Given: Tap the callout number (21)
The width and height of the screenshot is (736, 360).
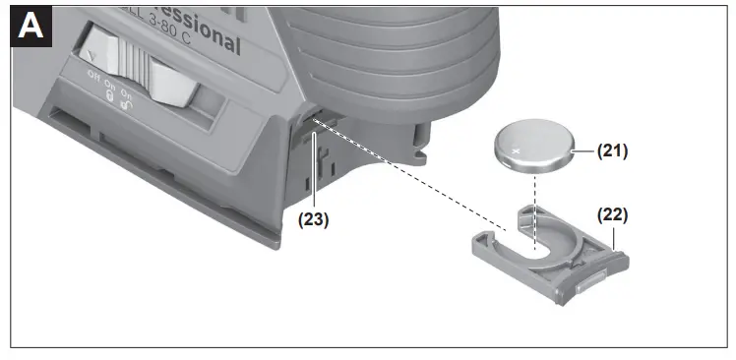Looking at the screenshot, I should click(x=612, y=151).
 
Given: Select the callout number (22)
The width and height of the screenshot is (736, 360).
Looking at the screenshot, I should click(x=611, y=213).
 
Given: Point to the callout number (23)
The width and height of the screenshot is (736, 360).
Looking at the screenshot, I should click(x=313, y=219).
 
